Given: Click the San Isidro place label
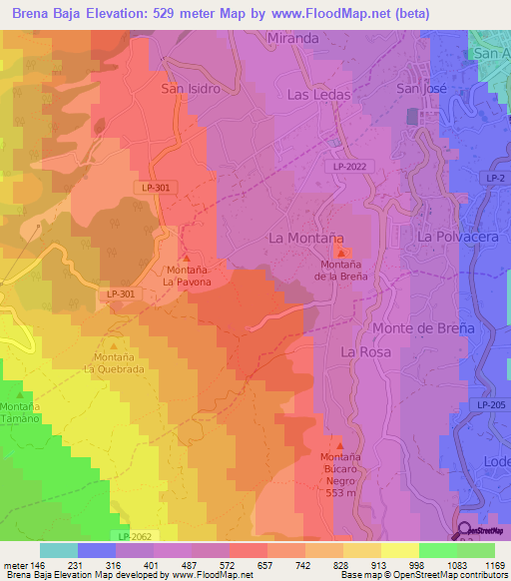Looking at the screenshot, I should (190, 88).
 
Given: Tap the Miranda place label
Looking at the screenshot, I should (293, 38).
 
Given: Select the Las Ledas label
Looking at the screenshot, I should (318, 94).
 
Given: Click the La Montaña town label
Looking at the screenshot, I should (307, 238).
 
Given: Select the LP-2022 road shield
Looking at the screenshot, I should (349, 167).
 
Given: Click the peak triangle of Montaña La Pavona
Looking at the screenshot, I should (186, 259).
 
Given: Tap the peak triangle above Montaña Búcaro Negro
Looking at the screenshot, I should (339, 445).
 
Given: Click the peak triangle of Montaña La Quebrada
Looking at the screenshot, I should (113, 345).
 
